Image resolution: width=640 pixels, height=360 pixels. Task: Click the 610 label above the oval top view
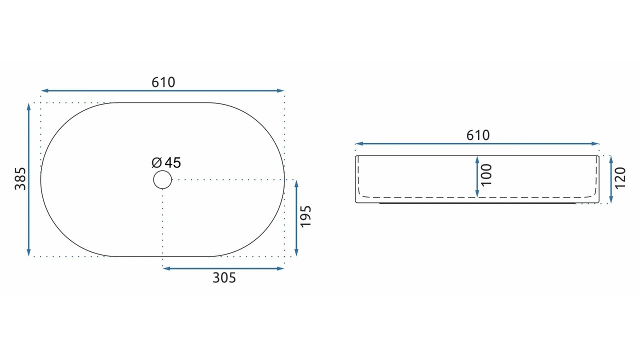coord(163,82)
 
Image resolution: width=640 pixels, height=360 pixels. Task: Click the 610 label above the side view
coord(478,135)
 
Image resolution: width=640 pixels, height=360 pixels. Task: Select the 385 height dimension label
coord(20,179)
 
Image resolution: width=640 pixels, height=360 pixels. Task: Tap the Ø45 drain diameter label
coord(166,162)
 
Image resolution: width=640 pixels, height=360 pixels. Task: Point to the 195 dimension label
coord(305,216)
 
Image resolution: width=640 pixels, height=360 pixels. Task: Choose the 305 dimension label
coord(224,277)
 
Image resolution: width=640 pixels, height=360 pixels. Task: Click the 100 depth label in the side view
coord(486,175)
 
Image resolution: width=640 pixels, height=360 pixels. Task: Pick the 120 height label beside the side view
coord(620,178)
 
